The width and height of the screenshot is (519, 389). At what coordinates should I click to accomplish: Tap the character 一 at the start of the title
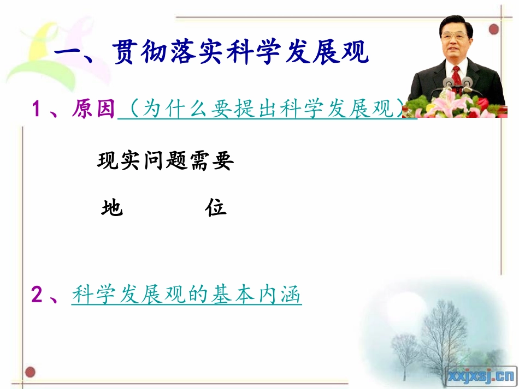[x=69, y=54]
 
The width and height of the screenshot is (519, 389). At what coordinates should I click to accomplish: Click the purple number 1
[x=37, y=110]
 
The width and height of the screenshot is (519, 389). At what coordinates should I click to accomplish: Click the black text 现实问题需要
[x=165, y=161]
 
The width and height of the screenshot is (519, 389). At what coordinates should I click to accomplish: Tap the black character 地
[x=112, y=208]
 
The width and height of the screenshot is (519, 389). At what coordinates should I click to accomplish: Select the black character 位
[x=216, y=208]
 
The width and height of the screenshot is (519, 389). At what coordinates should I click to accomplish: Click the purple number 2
[x=37, y=295]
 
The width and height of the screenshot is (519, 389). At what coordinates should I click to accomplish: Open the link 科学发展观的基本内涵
[x=186, y=295]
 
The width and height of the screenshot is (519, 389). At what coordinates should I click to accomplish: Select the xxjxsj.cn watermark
[x=481, y=375]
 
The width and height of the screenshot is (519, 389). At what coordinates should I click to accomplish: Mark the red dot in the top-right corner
[x=493, y=29]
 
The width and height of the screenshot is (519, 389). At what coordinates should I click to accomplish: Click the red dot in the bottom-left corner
[x=30, y=373]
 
